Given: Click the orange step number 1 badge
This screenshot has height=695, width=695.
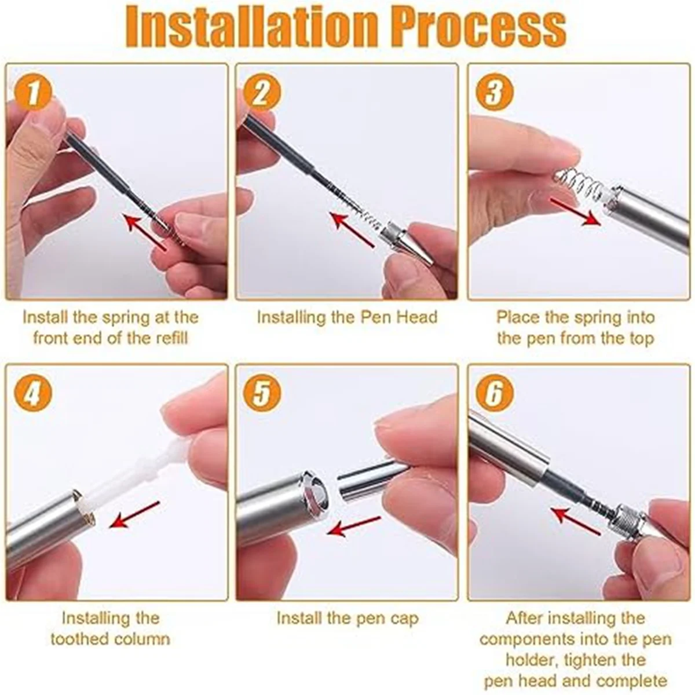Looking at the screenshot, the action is pyautogui.click(x=33, y=93).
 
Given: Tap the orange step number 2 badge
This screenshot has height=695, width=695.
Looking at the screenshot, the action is pyautogui.click(x=261, y=93).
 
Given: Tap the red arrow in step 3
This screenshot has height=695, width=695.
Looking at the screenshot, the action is pyautogui.click(x=576, y=213).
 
